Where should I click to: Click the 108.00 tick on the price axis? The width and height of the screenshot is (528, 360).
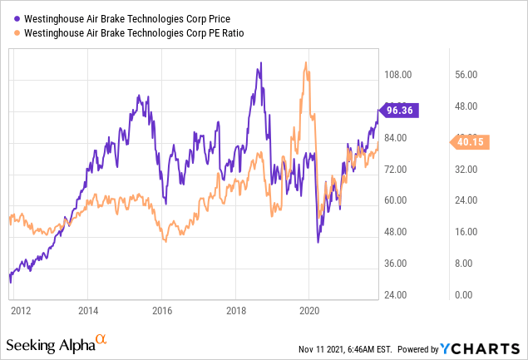tap(398, 74)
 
